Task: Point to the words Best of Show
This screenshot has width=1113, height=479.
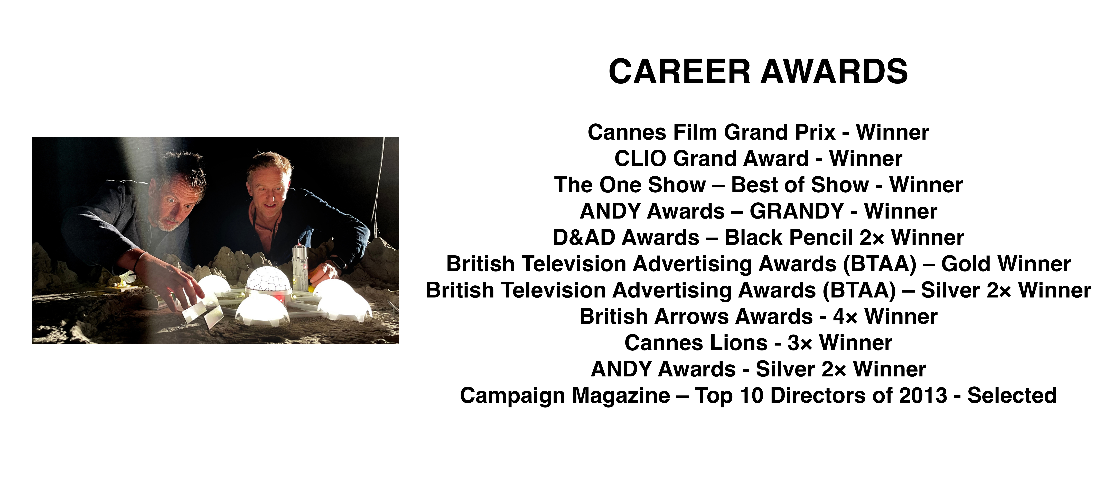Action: [800, 185]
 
